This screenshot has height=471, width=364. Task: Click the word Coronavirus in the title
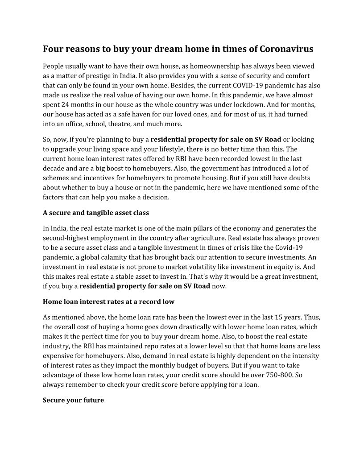pyautogui.click(x=286, y=49)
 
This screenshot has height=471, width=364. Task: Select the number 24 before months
pyautogui.click(x=66, y=104)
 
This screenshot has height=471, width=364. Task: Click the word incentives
pyautogui.click(x=100, y=178)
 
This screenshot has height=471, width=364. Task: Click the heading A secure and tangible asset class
pyautogui.click(x=96, y=213)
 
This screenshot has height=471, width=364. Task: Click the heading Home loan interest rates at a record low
pyautogui.click(x=108, y=302)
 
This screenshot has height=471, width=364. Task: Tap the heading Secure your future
pyautogui.click(x=73, y=400)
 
